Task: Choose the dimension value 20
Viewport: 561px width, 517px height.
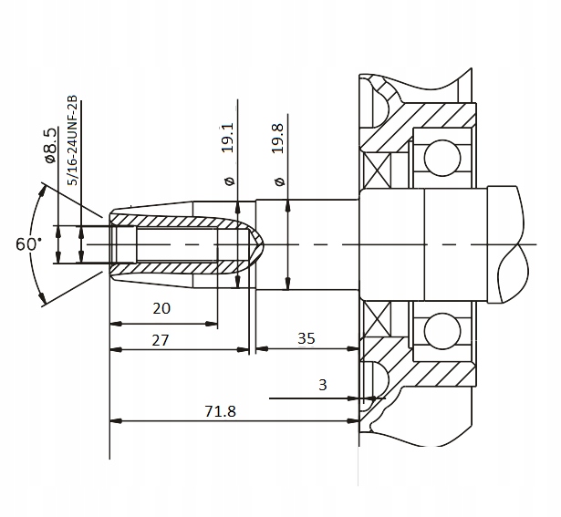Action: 161,308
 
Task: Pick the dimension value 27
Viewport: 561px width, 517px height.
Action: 161,339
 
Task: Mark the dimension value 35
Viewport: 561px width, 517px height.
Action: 306,338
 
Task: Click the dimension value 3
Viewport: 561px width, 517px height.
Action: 322,385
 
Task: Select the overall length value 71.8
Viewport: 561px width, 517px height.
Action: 220,411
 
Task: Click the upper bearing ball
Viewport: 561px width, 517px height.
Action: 437,156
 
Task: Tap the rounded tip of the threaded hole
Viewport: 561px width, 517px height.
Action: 258,244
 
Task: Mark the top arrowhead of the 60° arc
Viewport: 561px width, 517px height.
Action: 43,189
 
